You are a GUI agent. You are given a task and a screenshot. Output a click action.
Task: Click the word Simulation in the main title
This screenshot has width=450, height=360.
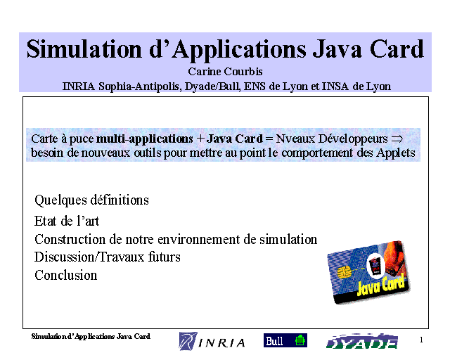[84, 49]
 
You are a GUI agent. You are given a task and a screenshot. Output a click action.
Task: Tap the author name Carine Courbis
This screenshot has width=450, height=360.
[225, 72]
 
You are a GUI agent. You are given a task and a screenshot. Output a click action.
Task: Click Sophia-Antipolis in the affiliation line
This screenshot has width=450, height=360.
[140, 86]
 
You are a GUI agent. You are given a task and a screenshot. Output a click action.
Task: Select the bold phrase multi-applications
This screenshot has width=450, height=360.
[144, 139]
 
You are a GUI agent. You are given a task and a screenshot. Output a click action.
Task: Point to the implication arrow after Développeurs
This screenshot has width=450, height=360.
[397, 139]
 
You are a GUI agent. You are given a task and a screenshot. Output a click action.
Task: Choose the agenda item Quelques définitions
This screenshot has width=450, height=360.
[91, 200]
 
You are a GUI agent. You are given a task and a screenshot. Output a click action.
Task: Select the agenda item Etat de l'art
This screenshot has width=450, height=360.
[67, 221]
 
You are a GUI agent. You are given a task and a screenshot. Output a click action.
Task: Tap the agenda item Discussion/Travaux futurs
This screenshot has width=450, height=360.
[108, 257]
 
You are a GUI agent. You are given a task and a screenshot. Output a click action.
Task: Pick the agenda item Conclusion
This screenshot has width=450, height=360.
[65, 275]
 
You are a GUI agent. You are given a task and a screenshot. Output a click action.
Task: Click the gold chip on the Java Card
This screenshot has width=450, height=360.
[344, 272]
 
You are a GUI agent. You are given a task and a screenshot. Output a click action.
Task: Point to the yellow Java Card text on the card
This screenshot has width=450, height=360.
[381, 285]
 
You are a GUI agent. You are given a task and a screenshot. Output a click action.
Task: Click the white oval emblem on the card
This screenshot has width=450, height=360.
[375, 266]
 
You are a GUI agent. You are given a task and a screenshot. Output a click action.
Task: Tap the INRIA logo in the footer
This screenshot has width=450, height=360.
[212, 341]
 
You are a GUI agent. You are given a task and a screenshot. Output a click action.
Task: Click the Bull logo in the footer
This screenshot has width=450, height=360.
[285, 340]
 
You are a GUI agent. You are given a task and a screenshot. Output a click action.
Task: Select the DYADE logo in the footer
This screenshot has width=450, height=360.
[361, 341]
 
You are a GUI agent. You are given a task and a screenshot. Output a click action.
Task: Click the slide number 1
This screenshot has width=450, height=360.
[421, 340]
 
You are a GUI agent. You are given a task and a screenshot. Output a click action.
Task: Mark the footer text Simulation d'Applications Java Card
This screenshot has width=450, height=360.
[91, 337]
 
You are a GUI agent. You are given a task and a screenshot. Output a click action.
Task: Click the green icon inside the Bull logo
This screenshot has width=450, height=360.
[300, 340]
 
